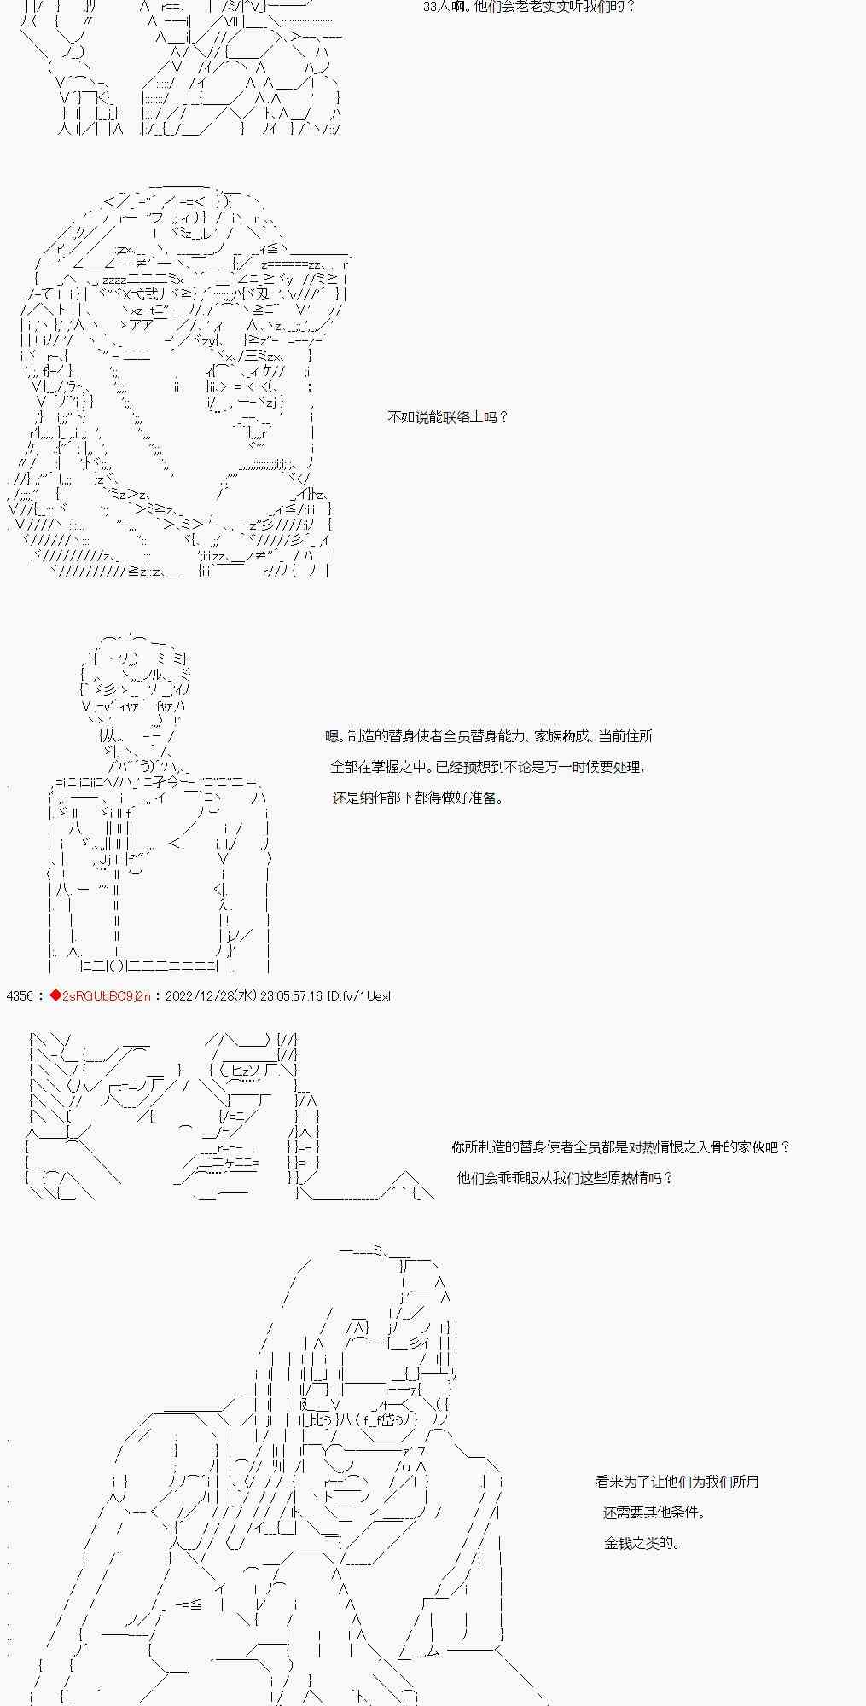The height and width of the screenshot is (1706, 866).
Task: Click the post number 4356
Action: pyautogui.click(x=19, y=996)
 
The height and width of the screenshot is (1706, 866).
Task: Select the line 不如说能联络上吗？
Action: pyautogui.click(x=448, y=417)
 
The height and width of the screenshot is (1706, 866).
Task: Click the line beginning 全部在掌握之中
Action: pyautogui.click(x=488, y=767)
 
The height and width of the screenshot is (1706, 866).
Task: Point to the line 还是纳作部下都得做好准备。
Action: pyautogui.click(x=417, y=798)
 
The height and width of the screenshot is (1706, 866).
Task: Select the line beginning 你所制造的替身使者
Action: pyautogui.click(x=621, y=1147)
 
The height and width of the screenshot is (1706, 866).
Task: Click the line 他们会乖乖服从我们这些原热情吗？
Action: pyautogui.click(x=565, y=1178)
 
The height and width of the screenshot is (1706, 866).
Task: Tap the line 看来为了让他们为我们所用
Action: pyautogui.click(x=677, y=1482)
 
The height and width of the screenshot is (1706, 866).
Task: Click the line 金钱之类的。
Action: pyautogui.click(x=642, y=1543)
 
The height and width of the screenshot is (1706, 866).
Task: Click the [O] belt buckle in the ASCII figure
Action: pyautogui.click(x=119, y=966)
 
